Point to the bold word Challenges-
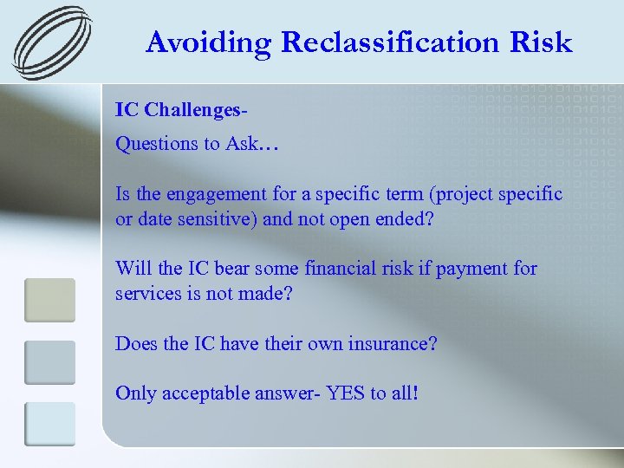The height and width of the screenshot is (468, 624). point(198,111)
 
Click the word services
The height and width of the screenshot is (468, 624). point(146,293)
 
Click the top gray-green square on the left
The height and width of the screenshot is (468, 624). point(49,299)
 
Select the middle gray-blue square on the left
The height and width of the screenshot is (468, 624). point(49,361)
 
